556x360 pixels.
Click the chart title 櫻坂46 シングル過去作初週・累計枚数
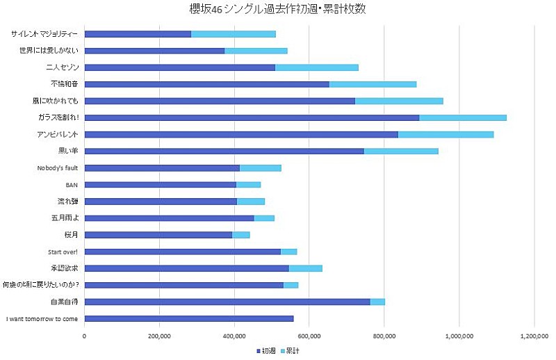tap(277, 9)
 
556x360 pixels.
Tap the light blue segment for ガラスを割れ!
tap(462, 117)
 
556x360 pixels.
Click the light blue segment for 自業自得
tap(377, 302)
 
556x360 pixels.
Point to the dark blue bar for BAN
tap(160, 185)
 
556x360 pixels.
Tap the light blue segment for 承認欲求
tap(305, 268)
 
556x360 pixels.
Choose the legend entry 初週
tap(266, 350)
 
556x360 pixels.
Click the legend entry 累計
tap(293, 350)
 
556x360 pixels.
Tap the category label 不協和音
tap(66, 84)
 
